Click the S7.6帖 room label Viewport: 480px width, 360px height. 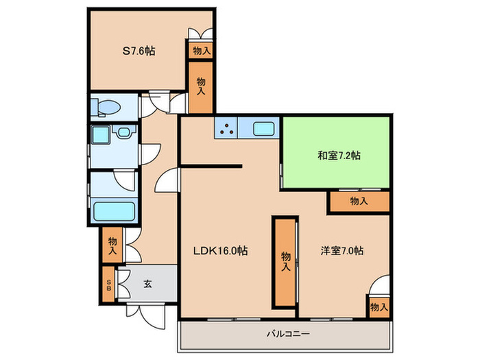tap(138, 50)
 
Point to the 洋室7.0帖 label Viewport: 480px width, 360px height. tap(341, 251)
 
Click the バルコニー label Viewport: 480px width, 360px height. tap(285, 335)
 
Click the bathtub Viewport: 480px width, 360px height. tap(113, 211)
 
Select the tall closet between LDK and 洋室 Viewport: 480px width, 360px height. tap(285, 261)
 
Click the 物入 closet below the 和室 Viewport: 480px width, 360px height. tap(359, 201)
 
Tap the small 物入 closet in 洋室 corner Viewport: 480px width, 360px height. tap(378, 307)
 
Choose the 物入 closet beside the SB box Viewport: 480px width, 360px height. tap(111, 246)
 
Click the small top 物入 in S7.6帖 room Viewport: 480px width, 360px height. tap(201, 51)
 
